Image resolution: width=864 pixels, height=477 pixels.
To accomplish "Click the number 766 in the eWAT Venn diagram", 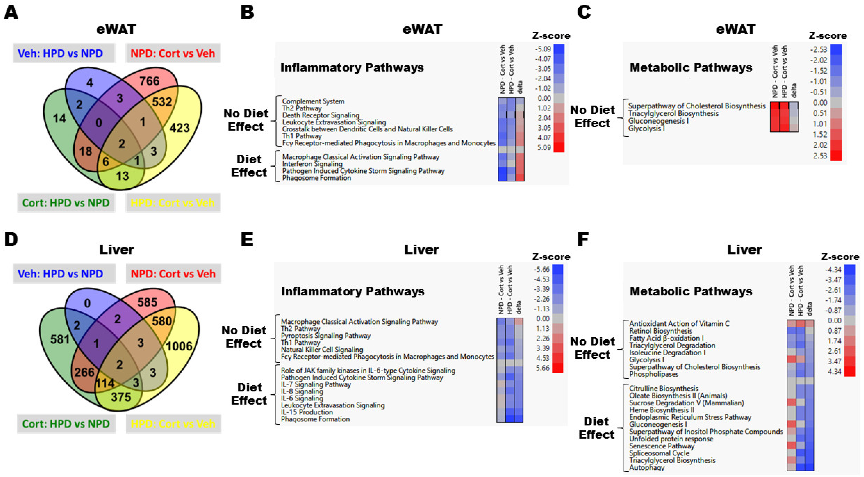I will tap(150, 81).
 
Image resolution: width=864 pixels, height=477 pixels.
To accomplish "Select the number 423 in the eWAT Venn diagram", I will tap(179, 128).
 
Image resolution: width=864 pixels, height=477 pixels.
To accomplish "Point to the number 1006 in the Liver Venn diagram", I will tap(179, 346).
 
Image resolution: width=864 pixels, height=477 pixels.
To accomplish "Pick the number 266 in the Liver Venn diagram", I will tap(84, 372).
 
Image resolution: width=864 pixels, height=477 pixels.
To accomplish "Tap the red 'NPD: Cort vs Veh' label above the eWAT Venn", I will tap(173, 53).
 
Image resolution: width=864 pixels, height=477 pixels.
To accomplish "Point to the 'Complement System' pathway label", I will tap(313, 101).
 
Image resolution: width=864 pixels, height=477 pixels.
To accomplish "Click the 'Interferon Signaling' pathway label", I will tap(312, 164).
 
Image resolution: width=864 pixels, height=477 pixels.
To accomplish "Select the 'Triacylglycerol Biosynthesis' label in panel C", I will tap(673, 113).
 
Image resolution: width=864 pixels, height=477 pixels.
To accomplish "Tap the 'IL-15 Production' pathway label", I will tap(307, 412).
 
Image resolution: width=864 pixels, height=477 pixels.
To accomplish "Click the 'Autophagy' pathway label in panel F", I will tap(647, 468).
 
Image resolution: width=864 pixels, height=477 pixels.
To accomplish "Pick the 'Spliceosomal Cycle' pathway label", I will tap(659, 453).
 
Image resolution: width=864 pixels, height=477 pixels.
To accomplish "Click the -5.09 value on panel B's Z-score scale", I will tap(543, 49).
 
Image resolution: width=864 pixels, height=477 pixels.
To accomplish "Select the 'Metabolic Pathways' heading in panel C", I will tap(691, 67).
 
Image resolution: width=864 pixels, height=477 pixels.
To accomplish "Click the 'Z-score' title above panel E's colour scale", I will tap(551, 257).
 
